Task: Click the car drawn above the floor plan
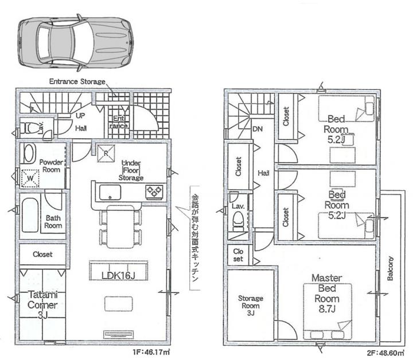click(x=75, y=42)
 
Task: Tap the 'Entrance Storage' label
click(x=77, y=81)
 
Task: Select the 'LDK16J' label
click(x=118, y=276)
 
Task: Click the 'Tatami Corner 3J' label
click(x=42, y=305)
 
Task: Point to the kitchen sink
click(x=110, y=193)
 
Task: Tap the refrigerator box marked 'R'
click(x=106, y=153)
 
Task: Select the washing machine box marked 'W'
click(x=30, y=178)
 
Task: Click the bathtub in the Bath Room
click(x=30, y=215)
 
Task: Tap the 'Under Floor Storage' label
click(x=131, y=170)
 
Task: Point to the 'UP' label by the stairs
click(x=80, y=116)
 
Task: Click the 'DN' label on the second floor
click(x=258, y=129)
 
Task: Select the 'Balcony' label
click(x=391, y=268)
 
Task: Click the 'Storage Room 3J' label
click(x=251, y=306)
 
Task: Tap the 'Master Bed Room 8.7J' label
click(x=327, y=294)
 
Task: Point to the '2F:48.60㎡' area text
click(x=385, y=353)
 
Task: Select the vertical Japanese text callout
click(x=194, y=238)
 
